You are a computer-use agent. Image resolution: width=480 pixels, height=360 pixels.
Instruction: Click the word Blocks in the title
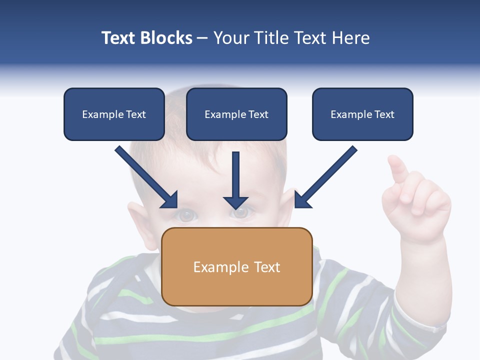tap(166, 38)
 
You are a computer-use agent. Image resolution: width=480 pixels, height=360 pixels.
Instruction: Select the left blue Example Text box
tap(114, 114)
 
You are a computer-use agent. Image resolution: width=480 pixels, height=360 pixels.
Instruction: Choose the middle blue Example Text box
tap(236, 114)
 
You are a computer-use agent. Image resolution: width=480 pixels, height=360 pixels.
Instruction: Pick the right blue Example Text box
tap(362, 114)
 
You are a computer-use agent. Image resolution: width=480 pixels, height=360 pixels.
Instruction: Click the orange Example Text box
tap(237, 266)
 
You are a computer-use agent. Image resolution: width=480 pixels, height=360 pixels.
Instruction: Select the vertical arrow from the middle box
tap(235, 180)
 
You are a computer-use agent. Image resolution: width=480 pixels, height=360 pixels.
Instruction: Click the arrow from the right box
tap(325, 177)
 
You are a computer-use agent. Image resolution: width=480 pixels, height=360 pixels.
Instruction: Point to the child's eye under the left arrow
tap(186, 215)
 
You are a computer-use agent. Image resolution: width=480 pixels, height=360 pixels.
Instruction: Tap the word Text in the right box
tap(384, 114)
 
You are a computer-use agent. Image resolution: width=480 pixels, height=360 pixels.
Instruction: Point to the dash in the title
tap(202, 38)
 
